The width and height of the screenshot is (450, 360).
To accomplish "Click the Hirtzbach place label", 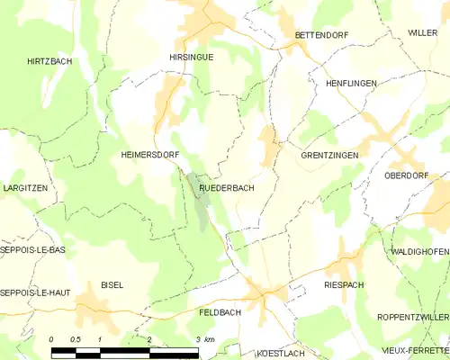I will coord(49,61).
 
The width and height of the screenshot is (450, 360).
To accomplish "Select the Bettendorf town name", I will coord(321,35).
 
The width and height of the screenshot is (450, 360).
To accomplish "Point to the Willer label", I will coord(421,32).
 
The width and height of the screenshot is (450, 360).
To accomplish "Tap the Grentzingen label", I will coord(329,156).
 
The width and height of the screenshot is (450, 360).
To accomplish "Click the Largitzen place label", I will coord(24,188).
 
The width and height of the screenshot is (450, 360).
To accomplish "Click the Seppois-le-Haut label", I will coord(35,293).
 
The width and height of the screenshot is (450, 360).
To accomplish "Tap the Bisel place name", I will coord(112,284).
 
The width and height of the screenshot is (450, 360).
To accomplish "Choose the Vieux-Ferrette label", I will coord(413,348).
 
